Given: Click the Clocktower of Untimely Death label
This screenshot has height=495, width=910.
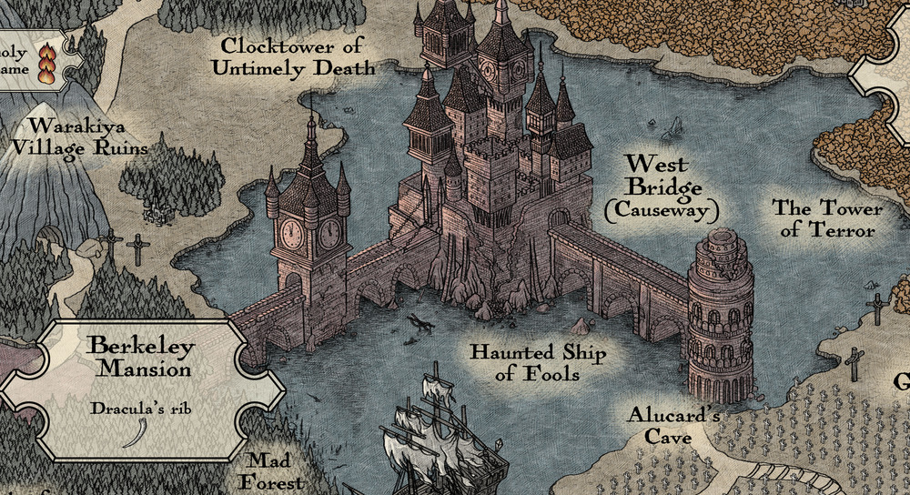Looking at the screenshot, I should tap(298, 56).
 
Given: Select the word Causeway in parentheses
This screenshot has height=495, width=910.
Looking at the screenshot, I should tap(662, 210).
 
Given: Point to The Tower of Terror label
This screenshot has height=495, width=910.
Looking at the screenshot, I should tap(827, 218).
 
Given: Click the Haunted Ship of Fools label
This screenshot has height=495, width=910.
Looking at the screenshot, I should tap(537, 362).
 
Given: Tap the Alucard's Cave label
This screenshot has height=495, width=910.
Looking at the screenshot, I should tap(674, 426).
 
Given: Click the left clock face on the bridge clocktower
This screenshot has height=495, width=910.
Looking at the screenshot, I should tap(290, 234).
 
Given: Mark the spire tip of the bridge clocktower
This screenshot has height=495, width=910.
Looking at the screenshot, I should tap(311, 98).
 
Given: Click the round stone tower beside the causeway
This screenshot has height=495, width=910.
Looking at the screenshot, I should tap(720, 318).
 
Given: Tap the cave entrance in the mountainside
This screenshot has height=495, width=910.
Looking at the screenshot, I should tap(50, 238).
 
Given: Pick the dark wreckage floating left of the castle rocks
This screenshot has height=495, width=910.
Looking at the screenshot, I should tap(420, 320).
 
